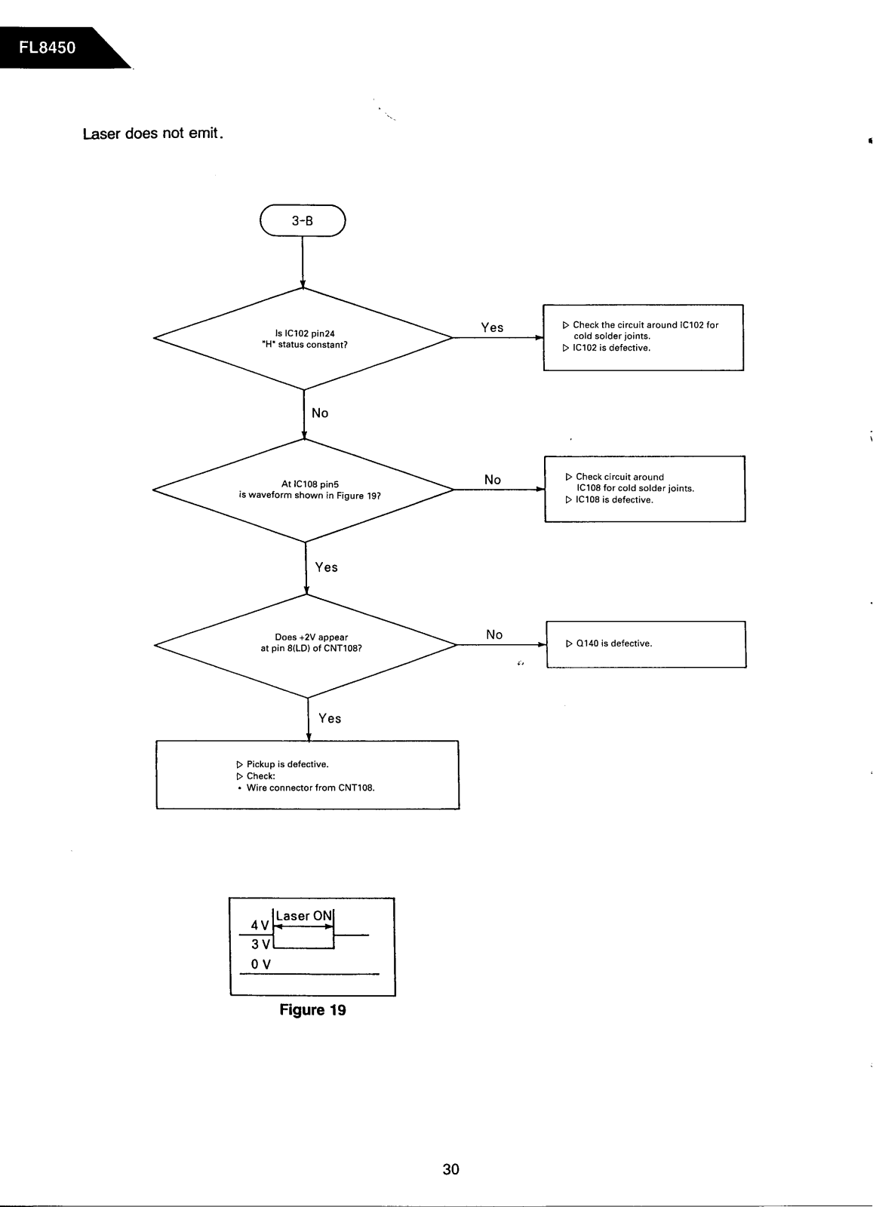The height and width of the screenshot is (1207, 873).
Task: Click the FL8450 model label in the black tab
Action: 48,48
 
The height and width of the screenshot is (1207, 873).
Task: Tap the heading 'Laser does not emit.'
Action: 153,133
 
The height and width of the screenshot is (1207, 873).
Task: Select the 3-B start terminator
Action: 303,220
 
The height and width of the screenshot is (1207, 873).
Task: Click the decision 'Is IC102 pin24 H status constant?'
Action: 303,339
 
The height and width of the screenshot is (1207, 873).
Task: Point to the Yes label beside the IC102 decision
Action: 492,327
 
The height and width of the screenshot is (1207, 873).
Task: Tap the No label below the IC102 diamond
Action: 320,413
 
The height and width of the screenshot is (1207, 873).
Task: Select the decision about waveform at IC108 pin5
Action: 304,490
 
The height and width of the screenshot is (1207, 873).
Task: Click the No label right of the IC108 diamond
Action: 493,480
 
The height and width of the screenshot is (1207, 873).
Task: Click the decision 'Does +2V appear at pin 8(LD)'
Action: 306,645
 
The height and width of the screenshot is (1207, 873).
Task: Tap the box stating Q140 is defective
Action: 646,644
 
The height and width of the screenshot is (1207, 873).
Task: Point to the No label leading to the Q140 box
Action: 494,634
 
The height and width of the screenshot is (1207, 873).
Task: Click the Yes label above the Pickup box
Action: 329,718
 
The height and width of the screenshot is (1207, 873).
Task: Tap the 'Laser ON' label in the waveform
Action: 304,916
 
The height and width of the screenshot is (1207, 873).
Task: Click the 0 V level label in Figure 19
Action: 261,964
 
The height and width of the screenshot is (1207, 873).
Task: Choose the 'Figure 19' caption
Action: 312,1010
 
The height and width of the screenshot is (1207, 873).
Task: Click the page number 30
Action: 451,1169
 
